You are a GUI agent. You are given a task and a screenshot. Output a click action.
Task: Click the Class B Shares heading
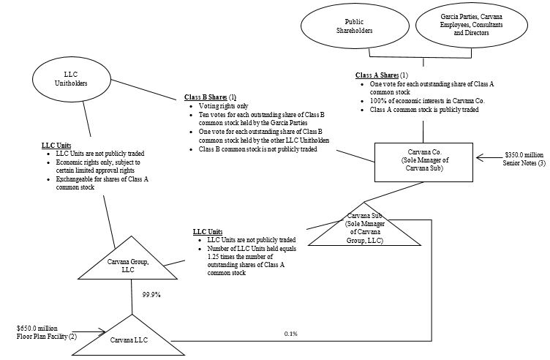click(208, 97)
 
